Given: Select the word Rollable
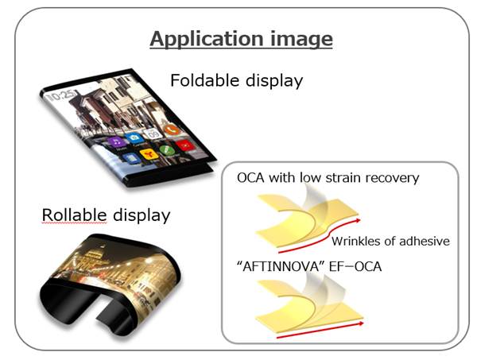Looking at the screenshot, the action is tap(74, 215).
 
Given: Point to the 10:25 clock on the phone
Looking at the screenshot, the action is tap(62, 95).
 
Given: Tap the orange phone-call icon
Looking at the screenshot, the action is tap(172, 130).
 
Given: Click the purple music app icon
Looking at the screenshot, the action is tap(117, 142).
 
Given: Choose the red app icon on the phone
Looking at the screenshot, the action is tap(185, 145).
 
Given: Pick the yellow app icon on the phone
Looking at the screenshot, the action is tap(149, 155).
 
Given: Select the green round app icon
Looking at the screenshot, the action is tap(167, 150).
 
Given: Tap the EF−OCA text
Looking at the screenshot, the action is tap(355, 267).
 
